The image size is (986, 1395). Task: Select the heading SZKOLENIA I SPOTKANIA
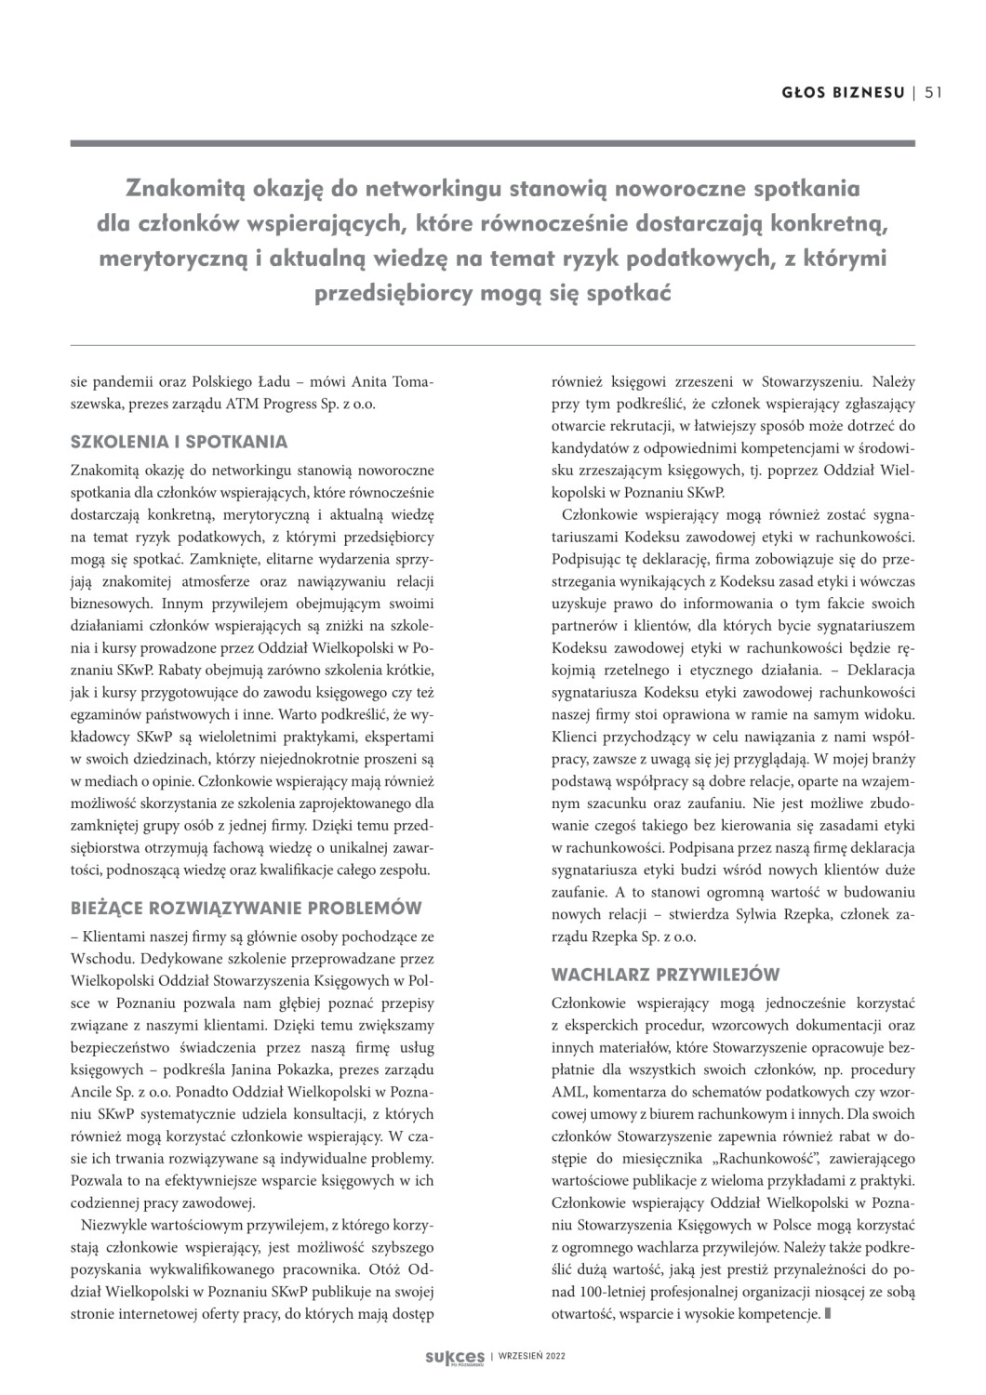pyautogui.click(x=179, y=442)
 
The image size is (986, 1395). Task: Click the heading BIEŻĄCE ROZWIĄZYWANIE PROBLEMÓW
pyautogui.click(x=246, y=908)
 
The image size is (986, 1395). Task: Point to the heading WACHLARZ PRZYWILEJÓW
pyautogui.click(x=665, y=975)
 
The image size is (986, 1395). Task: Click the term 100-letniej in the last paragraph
pyautogui.click(x=609, y=1292)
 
